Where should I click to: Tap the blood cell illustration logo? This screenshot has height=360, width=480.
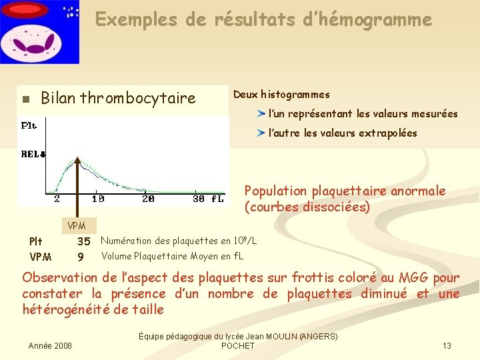point(40,31)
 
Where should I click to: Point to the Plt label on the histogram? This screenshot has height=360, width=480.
point(29,125)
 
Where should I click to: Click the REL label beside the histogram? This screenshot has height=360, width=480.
point(32,154)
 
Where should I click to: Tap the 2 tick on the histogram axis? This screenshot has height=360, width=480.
point(57,199)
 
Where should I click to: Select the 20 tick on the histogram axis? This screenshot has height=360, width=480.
point(148,199)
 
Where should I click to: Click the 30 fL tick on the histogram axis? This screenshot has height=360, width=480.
point(208,199)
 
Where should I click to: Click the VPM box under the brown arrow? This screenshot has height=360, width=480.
point(77,225)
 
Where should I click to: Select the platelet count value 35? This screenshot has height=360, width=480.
point(83,241)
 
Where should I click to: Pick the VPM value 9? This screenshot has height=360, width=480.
point(81,257)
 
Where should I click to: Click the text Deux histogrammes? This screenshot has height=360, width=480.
point(281,95)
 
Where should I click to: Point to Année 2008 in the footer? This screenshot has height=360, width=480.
point(50,345)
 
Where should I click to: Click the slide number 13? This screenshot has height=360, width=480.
point(447,345)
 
